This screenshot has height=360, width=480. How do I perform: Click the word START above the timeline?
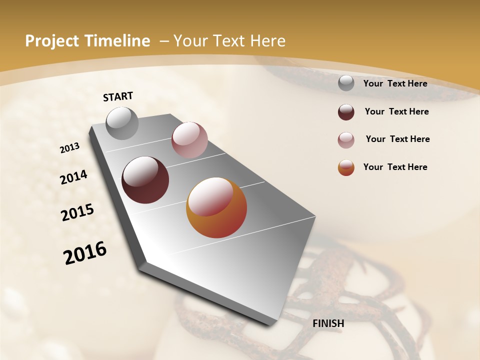118,96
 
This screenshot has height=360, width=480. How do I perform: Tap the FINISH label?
328,323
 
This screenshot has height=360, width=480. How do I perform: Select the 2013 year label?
69,148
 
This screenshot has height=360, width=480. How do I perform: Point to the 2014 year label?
73,177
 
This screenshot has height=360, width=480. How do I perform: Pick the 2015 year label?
77,212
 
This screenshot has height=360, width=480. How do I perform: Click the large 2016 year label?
85,253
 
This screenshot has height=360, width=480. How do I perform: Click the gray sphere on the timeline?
122,123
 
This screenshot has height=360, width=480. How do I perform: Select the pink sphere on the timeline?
189,139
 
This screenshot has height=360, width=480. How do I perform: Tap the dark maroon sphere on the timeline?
145,180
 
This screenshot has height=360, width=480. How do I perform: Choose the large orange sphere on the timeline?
216,207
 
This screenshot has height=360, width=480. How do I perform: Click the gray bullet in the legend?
346,83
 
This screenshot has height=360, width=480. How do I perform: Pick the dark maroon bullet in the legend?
346,112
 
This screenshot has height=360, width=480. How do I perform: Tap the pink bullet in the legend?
346,140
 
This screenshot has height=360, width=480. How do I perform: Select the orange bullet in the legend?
346,167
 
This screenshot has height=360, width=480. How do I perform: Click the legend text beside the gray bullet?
395,83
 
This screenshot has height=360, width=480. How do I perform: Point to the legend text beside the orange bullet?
395,167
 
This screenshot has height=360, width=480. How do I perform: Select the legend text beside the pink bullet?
397,139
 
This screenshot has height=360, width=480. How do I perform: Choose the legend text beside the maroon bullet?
396,111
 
